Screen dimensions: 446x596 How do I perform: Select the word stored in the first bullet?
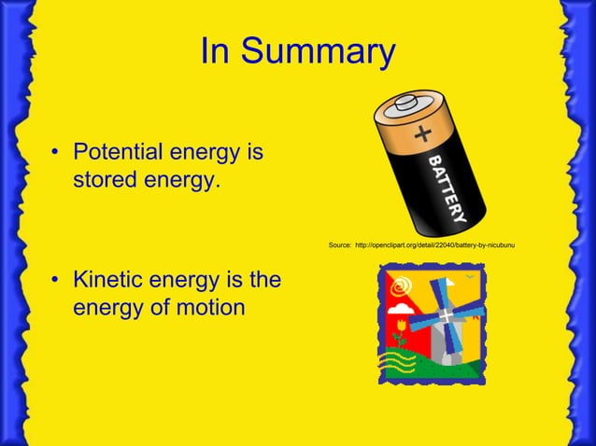[104, 177]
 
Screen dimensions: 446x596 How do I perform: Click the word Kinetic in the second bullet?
[113, 279]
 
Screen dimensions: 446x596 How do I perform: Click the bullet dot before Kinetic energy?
[57, 280]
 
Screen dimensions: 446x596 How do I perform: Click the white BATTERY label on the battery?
[447, 190]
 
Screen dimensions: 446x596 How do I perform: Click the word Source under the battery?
[339, 245]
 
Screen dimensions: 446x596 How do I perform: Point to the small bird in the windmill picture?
[469, 276]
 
